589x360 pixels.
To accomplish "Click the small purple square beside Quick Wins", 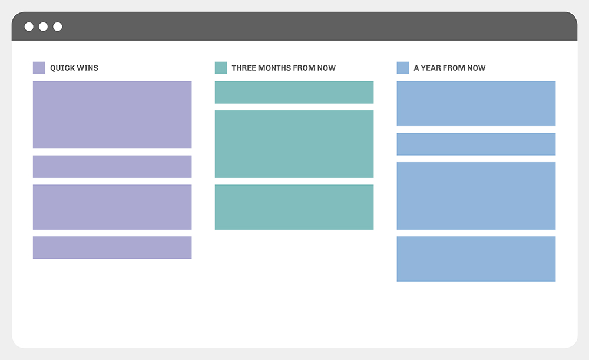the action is coord(39,68).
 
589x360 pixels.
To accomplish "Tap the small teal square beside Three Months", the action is coord(221,68).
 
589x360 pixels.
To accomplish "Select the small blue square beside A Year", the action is coord(403,68).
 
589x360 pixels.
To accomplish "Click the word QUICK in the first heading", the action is coord(62,68).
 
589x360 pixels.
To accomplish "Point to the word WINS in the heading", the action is coord(87,68).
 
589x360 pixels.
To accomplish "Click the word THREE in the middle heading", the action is coord(244,68).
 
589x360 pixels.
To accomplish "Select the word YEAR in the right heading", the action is coord(431,68).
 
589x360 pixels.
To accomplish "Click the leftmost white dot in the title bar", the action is coord(29,27).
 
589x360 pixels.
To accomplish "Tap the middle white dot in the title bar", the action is coord(43,27).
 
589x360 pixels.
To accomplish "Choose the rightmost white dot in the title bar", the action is coord(58,27).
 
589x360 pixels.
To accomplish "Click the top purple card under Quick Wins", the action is coord(112,115).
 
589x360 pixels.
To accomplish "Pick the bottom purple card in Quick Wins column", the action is coord(112,247).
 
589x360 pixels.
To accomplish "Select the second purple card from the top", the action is coord(112,167).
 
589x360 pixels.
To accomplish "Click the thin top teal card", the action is coord(294,92).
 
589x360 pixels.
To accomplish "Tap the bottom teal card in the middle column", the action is coord(294,207).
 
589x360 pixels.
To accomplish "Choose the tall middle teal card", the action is coord(294,144).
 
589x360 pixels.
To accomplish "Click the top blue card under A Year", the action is coord(476,103).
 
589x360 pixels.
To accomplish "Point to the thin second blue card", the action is coord(476,144).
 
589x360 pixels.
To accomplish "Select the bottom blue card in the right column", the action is coord(476,259).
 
